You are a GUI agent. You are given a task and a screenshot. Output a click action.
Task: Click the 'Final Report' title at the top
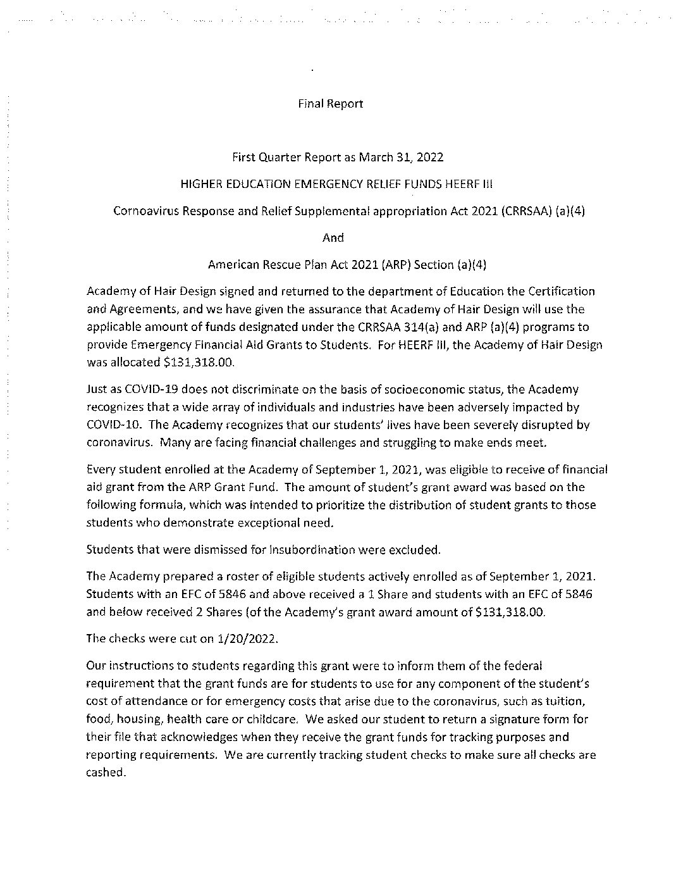pyautogui.click(x=330, y=104)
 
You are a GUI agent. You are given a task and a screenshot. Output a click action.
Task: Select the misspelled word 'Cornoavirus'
pyautogui.click(x=142, y=211)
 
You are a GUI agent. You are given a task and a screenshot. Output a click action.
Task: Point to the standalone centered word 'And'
pyautogui.click(x=333, y=238)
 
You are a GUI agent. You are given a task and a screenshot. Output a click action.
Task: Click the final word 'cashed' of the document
pyautogui.click(x=105, y=773)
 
